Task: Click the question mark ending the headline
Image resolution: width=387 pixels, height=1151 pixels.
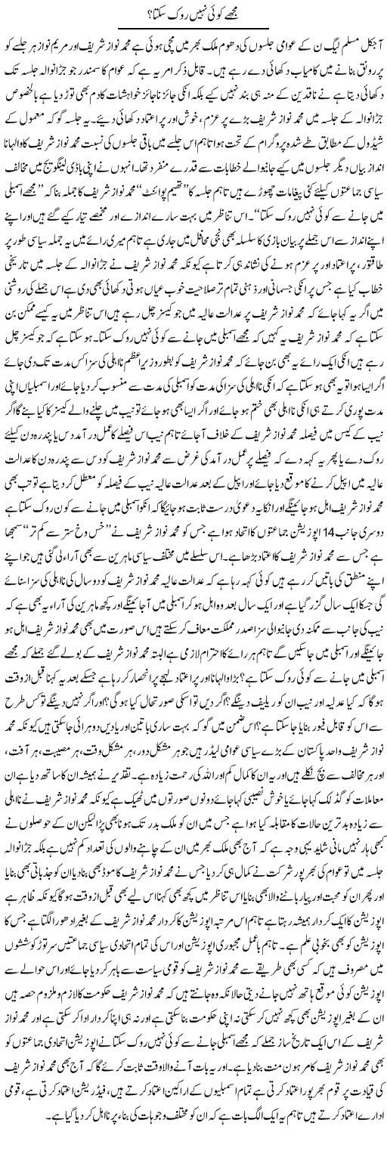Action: tap(135, 16)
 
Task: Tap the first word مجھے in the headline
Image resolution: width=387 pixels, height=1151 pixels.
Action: tap(244, 16)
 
